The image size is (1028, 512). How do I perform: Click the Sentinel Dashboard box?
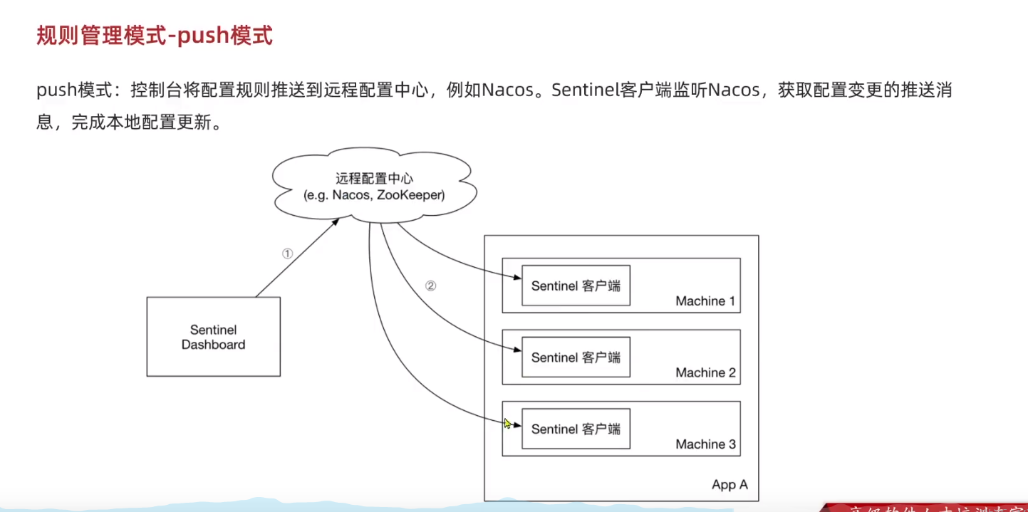click(213, 337)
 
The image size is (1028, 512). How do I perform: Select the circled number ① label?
click(287, 254)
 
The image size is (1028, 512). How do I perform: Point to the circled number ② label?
click(430, 286)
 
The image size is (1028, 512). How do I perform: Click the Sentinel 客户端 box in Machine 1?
click(576, 286)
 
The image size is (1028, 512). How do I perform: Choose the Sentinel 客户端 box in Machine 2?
click(576, 357)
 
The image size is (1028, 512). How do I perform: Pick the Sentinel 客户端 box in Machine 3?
click(576, 429)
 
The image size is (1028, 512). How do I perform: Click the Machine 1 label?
click(705, 301)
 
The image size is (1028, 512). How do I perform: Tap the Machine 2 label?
click(705, 372)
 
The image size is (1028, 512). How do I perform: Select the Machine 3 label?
click(705, 444)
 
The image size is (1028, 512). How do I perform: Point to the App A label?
click(730, 485)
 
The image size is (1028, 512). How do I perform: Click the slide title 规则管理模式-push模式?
click(155, 36)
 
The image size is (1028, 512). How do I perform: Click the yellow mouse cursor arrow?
click(507, 424)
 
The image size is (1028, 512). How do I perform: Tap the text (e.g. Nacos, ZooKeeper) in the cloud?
click(374, 194)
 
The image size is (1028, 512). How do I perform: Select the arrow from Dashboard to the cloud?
click(296, 258)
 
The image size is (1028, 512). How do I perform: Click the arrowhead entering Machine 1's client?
click(516, 278)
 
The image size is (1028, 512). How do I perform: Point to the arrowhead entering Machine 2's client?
click(516, 350)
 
